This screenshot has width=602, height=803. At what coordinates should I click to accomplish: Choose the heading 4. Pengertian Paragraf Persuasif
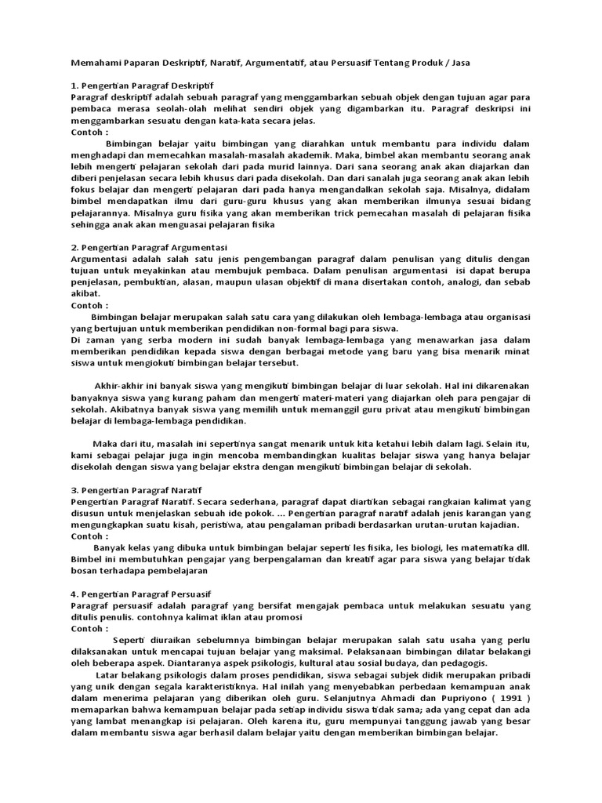pos(141,594)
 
